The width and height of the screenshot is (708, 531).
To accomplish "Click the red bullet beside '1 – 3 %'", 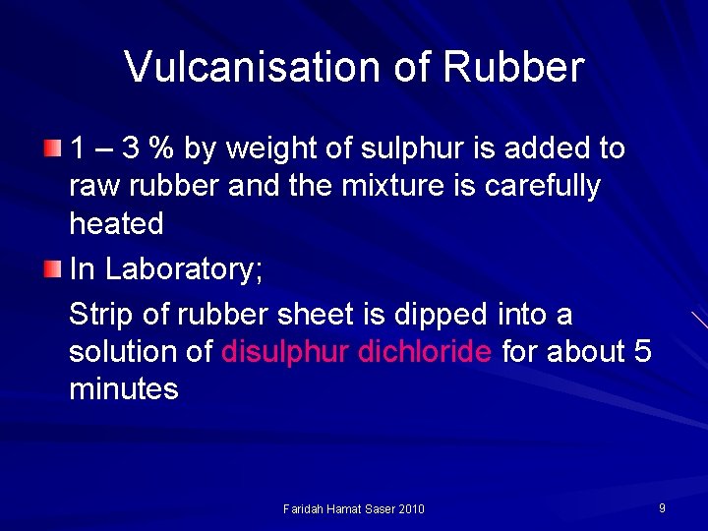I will click(x=52, y=149).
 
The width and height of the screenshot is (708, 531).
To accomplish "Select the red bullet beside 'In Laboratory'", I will click(x=52, y=268).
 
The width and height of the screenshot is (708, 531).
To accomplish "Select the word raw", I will click(x=90, y=187).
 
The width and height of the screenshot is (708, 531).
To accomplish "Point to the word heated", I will click(x=116, y=224).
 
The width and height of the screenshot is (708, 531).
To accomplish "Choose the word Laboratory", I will click(x=184, y=269).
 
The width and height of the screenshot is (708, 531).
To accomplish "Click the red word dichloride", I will click(x=426, y=352).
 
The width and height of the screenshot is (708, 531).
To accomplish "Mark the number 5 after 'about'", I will click(x=643, y=352).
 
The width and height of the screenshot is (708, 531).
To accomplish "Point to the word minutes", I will click(x=123, y=389).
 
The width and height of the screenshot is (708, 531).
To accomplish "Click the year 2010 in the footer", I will click(x=410, y=508).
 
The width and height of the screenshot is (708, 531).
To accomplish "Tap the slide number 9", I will click(x=662, y=507).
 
